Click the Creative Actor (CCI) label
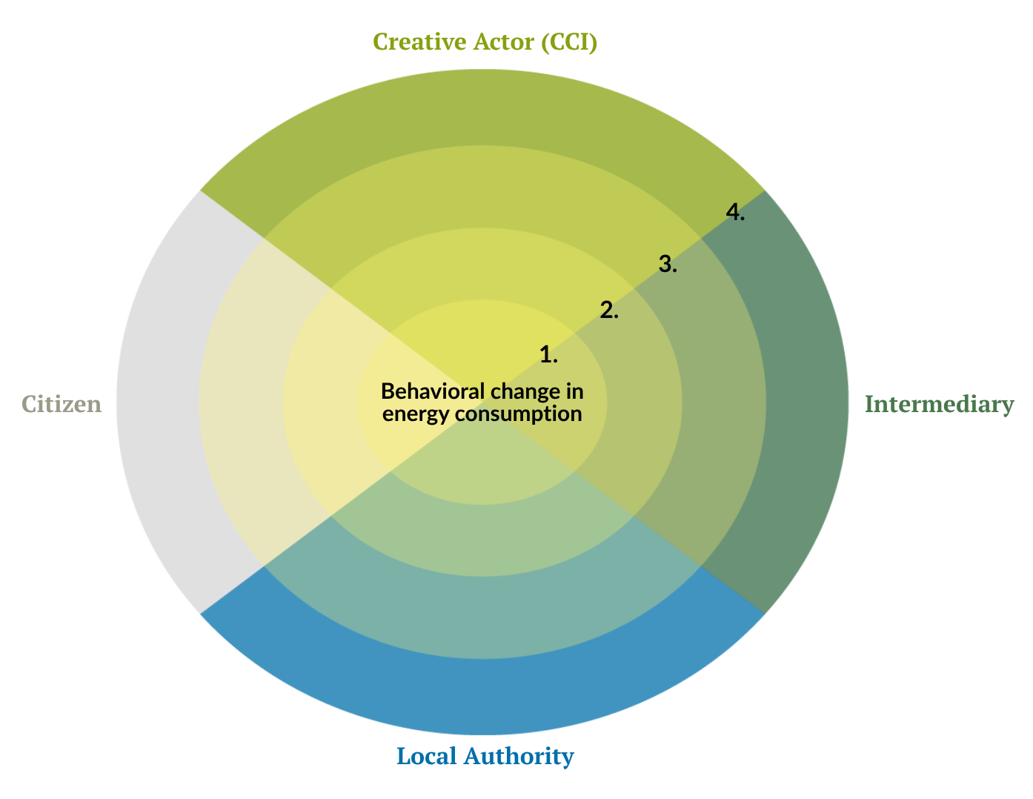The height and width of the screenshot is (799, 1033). click(x=485, y=42)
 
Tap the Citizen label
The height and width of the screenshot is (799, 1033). click(x=61, y=404)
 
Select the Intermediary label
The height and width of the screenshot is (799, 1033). click(x=938, y=404)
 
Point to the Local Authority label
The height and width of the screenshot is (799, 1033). click(x=485, y=756)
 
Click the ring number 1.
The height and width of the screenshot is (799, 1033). click(x=548, y=355)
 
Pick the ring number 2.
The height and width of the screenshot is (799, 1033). click(x=609, y=310)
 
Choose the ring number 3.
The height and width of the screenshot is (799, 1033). click(x=668, y=263)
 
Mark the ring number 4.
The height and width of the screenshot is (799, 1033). click(x=735, y=213)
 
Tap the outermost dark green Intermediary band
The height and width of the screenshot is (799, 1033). click(x=808, y=404)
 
